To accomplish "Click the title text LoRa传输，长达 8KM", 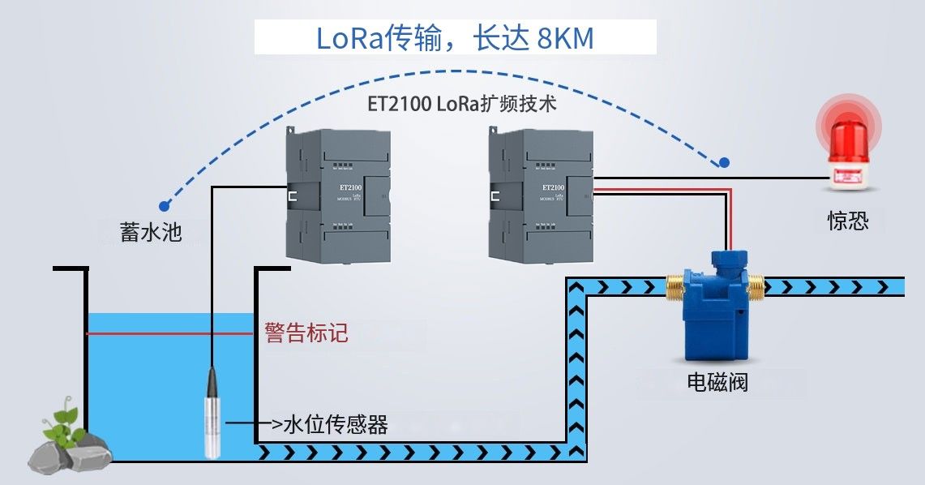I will tap(455, 38).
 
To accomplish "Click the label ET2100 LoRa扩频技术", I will tap(461, 105).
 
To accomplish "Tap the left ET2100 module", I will tap(337, 195).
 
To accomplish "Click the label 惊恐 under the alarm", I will tap(848, 221).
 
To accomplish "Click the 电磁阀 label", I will tap(713, 381).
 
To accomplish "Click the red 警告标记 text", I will tap(306, 333).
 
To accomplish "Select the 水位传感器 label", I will tap(335, 424).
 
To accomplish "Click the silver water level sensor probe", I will tap(212, 414).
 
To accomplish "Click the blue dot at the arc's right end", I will tap(724, 162).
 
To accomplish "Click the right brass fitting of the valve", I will tap(754, 285).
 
